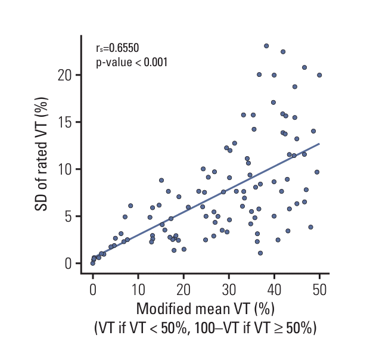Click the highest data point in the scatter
[x=266, y=45]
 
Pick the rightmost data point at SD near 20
[x=319, y=75]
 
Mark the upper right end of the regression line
[x=319, y=144]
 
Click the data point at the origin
[x=93, y=263]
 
